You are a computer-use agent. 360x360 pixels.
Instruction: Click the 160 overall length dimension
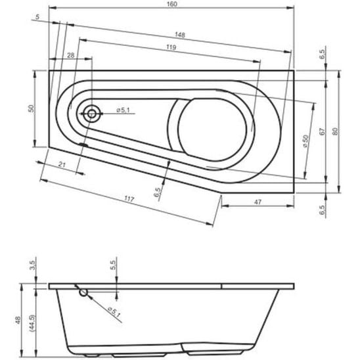(x=172, y=4)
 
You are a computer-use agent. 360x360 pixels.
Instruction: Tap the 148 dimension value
(x=180, y=35)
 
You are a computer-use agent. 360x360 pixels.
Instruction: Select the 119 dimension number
(x=171, y=47)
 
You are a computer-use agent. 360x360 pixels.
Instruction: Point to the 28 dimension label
(x=71, y=55)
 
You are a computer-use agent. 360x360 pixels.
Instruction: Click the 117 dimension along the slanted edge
(x=129, y=199)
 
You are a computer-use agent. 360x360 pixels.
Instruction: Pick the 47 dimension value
(x=258, y=202)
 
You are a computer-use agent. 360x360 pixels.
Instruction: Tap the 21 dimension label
(x=62, y=164)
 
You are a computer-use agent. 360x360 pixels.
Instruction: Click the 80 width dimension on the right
(x=335, y=131)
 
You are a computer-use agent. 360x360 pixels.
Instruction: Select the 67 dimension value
(x=323, y=131)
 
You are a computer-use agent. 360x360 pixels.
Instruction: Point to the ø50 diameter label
(x=305, y=141)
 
